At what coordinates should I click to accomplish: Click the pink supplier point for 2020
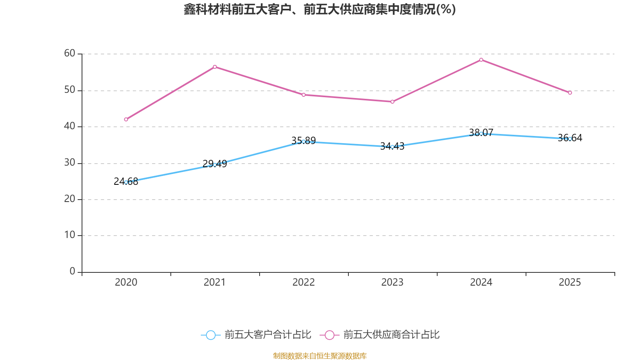[126, 119]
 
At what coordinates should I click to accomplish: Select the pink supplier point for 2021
[215, 67]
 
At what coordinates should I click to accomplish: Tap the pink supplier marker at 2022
[304, 95]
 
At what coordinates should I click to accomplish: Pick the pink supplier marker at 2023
[392, 102]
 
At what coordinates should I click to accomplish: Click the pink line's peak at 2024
[481, 60]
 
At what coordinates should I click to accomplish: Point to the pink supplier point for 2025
[570, 93]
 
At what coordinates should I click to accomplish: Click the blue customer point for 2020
[126, 182]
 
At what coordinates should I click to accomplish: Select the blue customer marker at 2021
[215, 164]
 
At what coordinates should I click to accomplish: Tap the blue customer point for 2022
[304, 142]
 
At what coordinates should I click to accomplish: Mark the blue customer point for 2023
[392, 147]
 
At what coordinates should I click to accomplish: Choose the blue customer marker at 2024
[481, 134]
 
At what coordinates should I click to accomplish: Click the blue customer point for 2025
[570, 139]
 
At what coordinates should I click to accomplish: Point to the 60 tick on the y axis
[70, 53]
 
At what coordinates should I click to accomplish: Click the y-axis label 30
[70, 162]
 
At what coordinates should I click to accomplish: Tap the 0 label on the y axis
[72, 271]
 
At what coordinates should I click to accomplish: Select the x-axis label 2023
[392, 282]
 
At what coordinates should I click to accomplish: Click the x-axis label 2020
[126, 282]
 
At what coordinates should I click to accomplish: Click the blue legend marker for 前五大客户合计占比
[210, 335]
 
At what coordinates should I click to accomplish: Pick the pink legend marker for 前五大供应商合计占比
[330, 335]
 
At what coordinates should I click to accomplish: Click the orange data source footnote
[320, 356]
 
